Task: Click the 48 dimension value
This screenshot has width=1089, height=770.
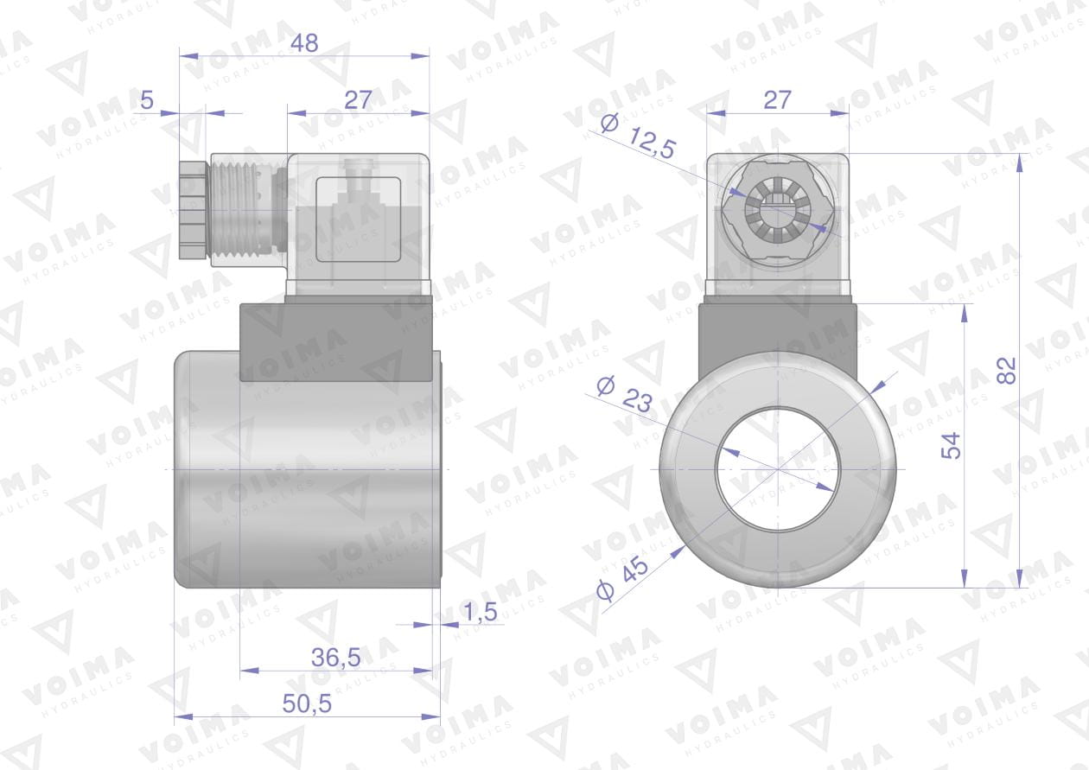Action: (x=304, y=43)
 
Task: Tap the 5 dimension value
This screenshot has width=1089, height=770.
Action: (x=147, y=100)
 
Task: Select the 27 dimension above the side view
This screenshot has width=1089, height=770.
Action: (x=359, y=100)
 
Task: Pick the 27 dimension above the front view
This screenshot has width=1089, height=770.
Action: (x=777, y=100)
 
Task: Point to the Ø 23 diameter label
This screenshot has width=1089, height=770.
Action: (x=625, y=394)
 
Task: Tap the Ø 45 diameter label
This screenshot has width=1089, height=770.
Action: (x=622, y=578)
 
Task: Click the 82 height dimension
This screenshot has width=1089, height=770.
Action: (x=1006, y=371)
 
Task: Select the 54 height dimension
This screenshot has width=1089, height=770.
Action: (x=951, y=445)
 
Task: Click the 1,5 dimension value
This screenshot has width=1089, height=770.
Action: (x=481, y=612)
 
